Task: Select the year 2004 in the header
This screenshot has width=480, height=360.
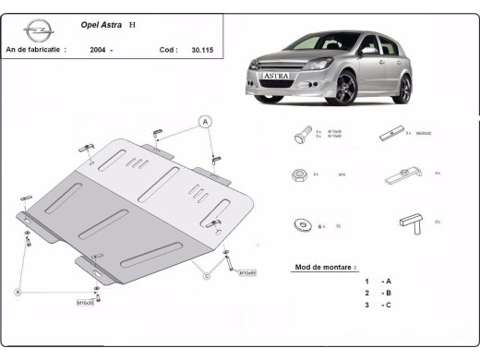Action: coord(98,50)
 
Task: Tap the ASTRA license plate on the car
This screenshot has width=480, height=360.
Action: coord(277,78)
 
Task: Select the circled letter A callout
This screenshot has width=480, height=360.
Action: coord(205,122)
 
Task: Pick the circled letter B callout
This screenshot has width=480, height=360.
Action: coord(18,292)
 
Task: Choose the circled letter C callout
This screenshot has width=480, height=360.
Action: coord(207,273)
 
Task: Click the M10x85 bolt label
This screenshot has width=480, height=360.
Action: coord(247,273)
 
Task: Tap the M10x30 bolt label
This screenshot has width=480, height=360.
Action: coord(85,302)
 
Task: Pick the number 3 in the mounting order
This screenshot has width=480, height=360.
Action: coord(366,304)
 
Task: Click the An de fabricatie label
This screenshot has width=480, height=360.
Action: coord(35,50)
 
